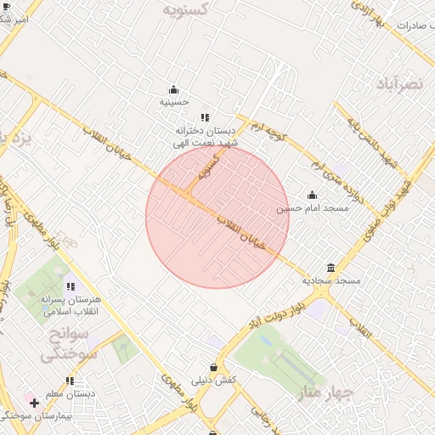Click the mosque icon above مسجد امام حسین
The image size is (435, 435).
point(312,195)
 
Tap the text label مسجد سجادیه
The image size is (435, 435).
point(331,280)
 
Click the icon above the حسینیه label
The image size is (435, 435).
point(174,90)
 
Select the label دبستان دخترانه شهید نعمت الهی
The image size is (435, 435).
point(204,137)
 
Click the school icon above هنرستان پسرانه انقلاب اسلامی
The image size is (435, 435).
point(70,287)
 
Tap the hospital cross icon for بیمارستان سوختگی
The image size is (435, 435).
point(34,402)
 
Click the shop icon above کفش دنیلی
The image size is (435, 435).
point(213,367)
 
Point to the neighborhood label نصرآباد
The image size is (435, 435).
point(398,83)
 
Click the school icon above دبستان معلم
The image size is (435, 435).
point(70,381)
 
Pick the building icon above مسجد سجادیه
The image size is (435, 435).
point(331,268)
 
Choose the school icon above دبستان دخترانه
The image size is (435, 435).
point(205,118)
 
